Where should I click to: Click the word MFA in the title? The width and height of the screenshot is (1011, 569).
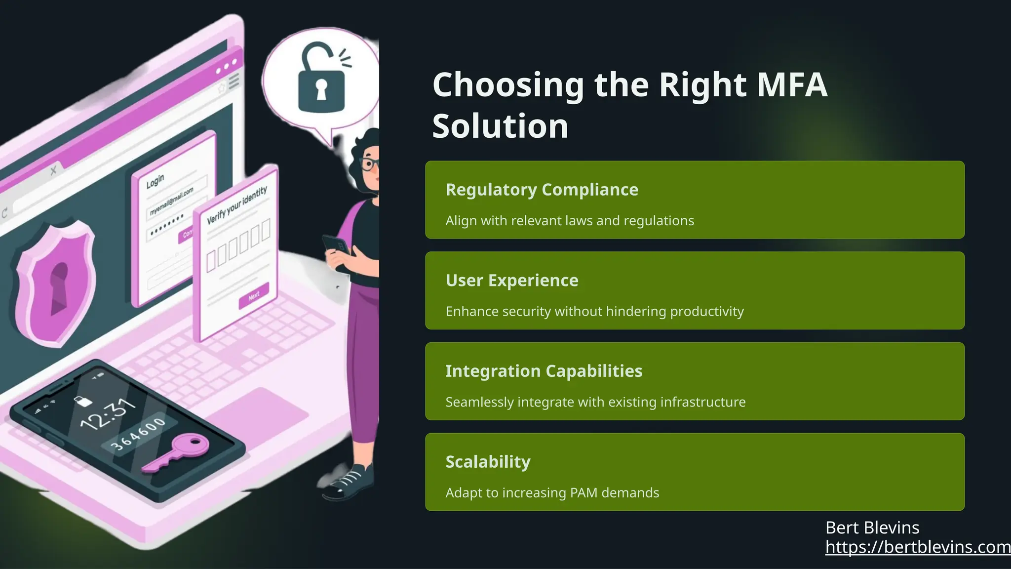tap(792, 84)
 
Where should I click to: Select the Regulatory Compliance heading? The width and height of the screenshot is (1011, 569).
tap(542, 190)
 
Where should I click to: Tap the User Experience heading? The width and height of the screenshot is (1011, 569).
tap(511, 281)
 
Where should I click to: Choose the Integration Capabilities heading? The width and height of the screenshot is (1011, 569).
tap(544, 371)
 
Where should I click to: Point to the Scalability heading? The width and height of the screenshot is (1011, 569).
tap(488, 462)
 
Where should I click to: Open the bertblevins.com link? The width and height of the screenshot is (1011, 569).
tap(917, 547)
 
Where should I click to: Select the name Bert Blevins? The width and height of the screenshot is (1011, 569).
tap(872, 528)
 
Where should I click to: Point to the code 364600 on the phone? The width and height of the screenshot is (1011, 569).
tap(138, 434)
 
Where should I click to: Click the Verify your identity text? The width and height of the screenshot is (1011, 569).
tap(237, 204)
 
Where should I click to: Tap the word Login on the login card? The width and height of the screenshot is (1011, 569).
tap(155, 181)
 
